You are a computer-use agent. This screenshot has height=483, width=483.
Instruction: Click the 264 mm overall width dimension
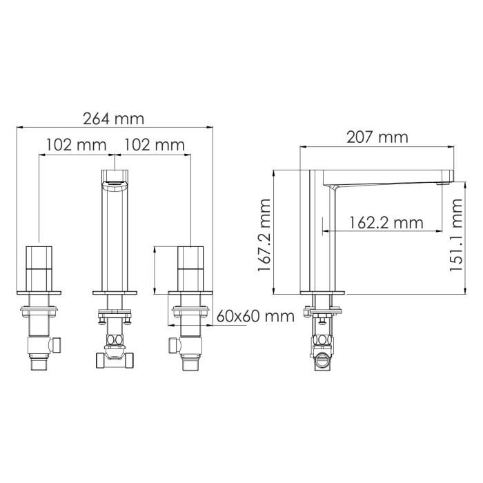click(114, 119)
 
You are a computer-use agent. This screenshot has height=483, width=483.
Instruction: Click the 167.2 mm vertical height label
click(264, 235)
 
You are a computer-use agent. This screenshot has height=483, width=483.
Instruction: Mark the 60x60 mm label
click(255, 316)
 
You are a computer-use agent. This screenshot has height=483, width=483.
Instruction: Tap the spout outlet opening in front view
click(115, 184)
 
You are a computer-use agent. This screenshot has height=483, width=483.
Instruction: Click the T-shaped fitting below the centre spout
click(115, 357)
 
